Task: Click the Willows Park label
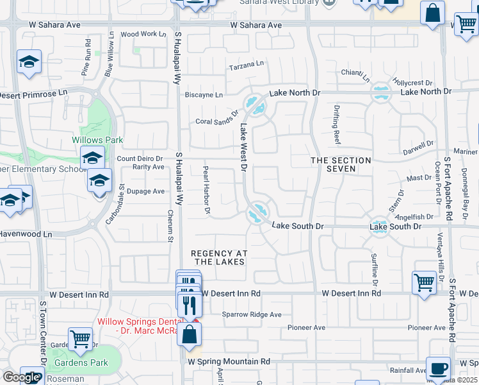click(97, 140)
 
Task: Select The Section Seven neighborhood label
click(341, 164)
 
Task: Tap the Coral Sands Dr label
click(216, 121)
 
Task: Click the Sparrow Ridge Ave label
click(252, 314)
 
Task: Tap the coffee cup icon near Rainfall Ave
click(438, 369)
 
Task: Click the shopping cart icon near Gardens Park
click(80, 338)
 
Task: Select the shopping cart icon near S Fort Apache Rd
click(425, 282)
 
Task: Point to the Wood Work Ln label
click(139, 34)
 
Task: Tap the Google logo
click(20, 377)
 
